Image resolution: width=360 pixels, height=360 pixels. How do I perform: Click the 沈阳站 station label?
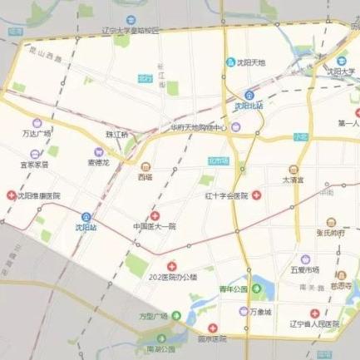86,225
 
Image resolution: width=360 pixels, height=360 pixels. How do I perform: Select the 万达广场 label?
36,133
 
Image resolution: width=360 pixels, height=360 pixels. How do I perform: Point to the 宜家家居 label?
35,165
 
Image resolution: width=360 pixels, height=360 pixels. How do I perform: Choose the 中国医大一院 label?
155,226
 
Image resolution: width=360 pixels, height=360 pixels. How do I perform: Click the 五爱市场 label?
305,270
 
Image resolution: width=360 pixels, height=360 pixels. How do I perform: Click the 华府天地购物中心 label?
197,127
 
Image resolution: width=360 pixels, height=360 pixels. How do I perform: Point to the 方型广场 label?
154,316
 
